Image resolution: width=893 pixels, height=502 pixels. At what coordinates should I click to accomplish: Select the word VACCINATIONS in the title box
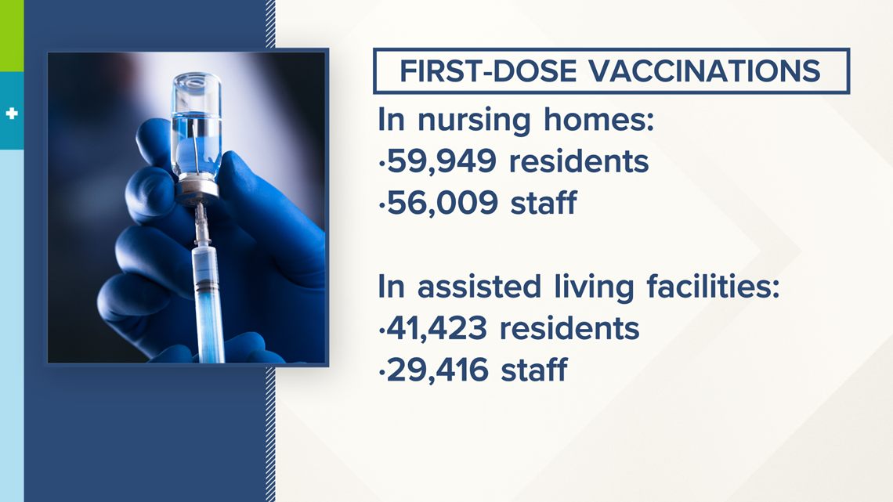pos(704,71)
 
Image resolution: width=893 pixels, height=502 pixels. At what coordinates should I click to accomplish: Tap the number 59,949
pos(442,161)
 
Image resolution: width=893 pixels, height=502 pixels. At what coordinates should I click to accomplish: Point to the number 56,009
pos(443,203)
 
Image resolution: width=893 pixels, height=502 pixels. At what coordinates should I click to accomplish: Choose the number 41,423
pos(437,328)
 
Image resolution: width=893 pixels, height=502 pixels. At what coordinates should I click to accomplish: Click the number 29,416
pos(437,370)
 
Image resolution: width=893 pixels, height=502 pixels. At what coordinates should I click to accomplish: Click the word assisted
pos(479,287)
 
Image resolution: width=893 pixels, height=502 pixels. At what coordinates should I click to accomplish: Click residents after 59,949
pos(579,161)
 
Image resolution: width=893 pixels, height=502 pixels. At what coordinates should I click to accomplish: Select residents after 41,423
pos(569,328)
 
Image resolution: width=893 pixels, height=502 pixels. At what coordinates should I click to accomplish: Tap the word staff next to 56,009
pos(544,203)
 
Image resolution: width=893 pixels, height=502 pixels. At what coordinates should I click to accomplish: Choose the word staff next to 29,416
pos(533,370)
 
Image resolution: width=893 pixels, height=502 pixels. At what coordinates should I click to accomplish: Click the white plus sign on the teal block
pos(12,114)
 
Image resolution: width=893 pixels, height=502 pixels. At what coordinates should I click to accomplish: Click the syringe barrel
pos(208,302)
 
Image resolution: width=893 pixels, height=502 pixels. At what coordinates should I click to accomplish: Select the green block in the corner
pos(12,35)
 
